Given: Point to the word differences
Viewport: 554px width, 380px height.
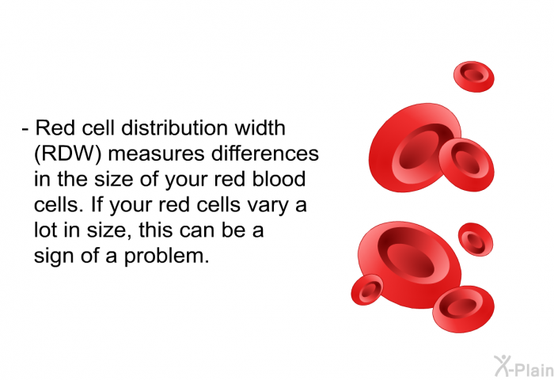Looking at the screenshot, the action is (x=264, y=154).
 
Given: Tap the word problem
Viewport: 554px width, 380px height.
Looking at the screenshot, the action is (x=166, y=256).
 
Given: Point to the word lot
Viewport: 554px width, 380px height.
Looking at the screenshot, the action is (x=46, y=230).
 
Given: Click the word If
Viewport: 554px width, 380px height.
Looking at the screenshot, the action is (x=96, y=204).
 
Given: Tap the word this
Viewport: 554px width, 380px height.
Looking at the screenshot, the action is (x=155, y=230).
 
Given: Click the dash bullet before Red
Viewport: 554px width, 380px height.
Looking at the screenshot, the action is (x=25, y=129).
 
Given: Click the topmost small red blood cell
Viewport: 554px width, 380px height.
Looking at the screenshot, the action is (x=474, y=77).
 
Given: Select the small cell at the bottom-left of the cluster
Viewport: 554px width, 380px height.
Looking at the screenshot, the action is (x=367, y=290).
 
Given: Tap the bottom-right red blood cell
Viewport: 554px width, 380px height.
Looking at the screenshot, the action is (x=463, y=309).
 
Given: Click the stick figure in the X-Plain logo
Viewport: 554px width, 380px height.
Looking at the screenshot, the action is (x=502, y=366).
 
